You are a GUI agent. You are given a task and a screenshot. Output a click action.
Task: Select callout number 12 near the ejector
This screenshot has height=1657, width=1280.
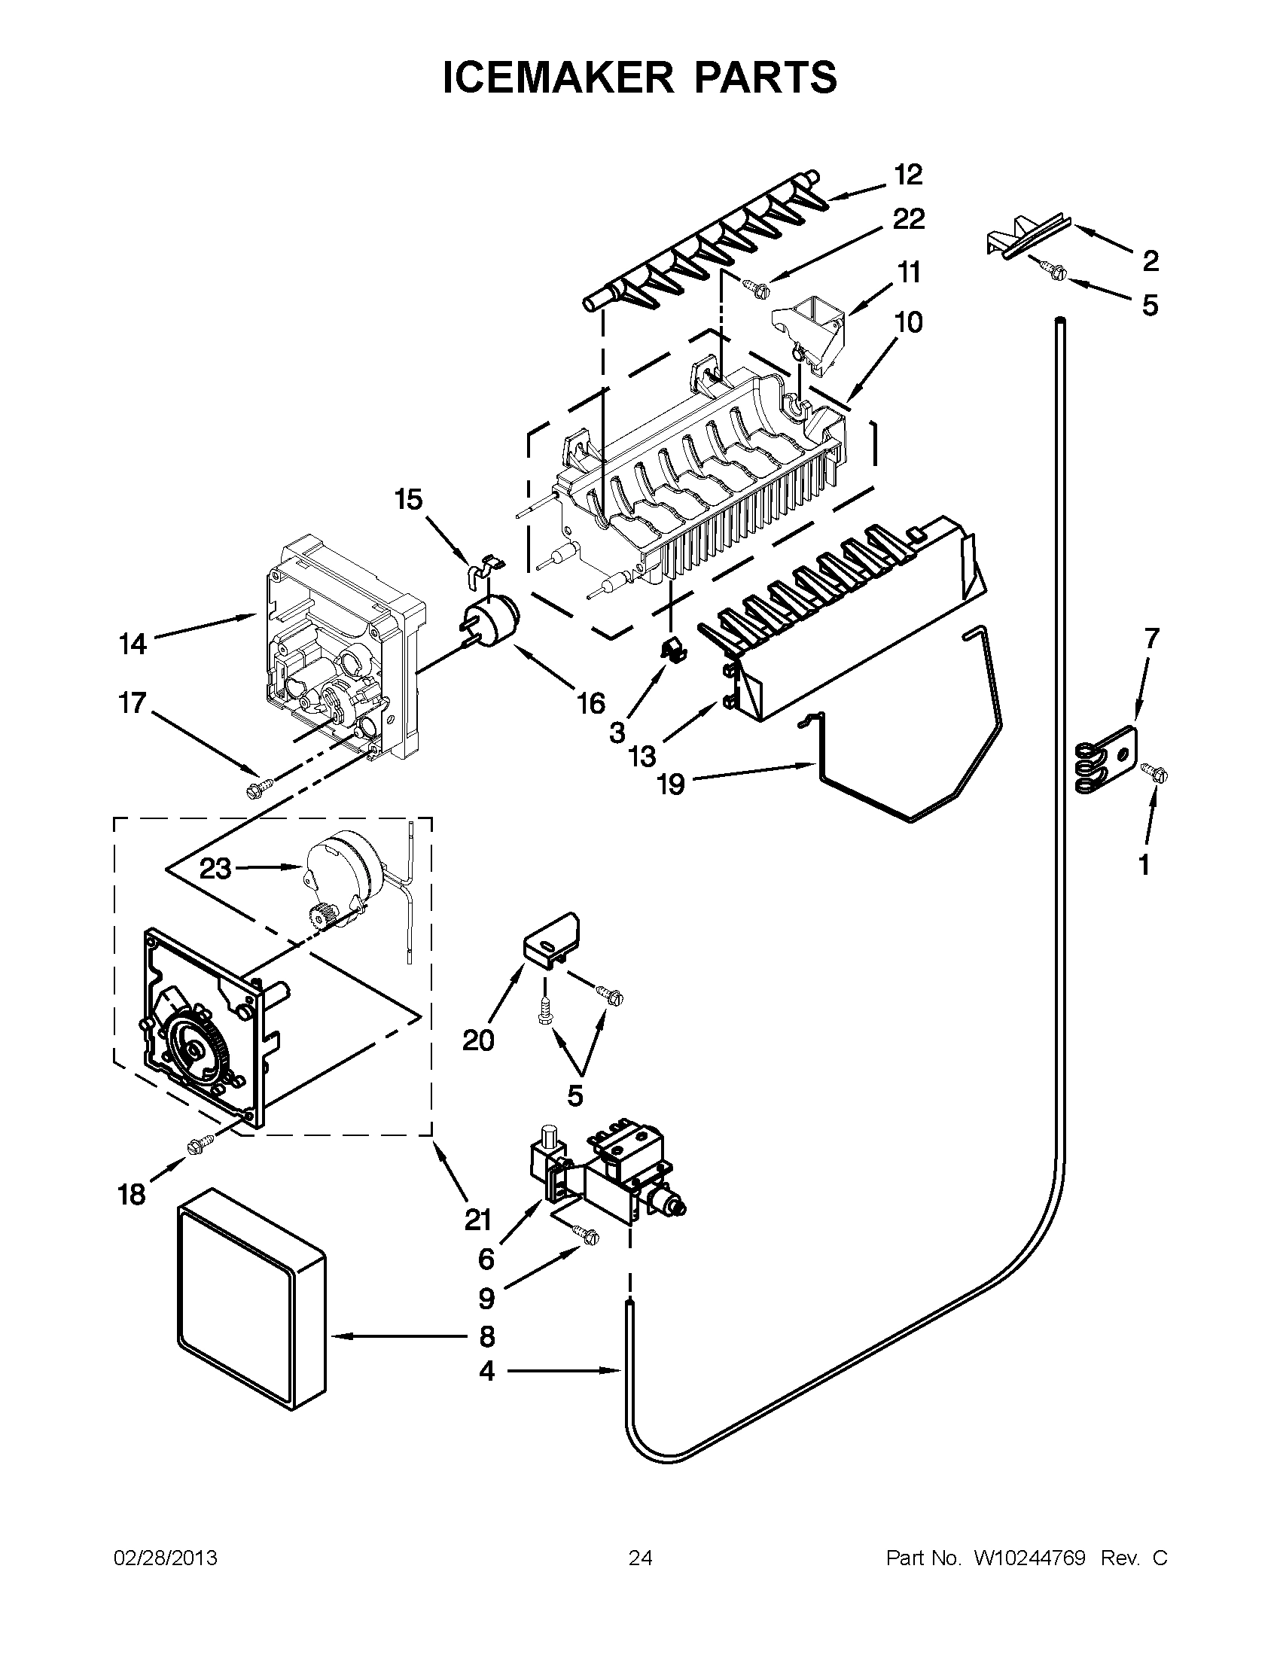click(907, 175)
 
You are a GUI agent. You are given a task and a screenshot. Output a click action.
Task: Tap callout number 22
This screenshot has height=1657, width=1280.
click(909, 220)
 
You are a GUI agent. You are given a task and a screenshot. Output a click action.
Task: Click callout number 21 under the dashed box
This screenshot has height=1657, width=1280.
click(478, 1220)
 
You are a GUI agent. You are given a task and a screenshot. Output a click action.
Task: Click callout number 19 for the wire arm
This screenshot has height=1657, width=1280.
click(671, 784)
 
